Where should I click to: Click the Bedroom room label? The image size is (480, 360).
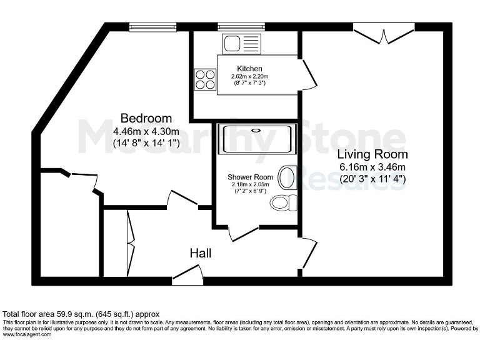pos(146,118)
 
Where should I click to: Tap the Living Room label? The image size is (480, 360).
pos(372,154)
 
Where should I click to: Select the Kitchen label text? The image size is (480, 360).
pos(249,69)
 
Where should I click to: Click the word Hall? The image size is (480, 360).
pos(201,253)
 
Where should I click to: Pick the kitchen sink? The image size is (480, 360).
pos(241,43)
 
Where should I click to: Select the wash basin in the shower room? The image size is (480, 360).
pos(287,178)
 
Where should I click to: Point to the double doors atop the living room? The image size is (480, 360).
pos(384,32)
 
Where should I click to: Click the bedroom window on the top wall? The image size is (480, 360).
pos(152,27)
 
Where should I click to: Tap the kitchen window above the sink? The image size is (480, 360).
pos(241,27)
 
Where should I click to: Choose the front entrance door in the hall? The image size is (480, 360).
pos(188,275)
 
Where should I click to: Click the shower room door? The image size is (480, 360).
pos(244,232)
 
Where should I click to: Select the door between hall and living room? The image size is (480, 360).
pos(308,254)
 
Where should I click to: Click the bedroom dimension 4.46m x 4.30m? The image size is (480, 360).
pos(146,132)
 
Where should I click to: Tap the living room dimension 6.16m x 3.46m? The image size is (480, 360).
pos(372,167)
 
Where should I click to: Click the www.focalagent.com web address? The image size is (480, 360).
pos(27,334)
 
